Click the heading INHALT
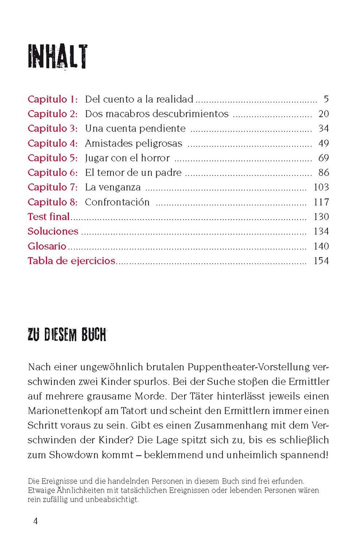(58, 57)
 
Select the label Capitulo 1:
(53, 99)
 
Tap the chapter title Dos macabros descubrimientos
(156, 114)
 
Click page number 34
(323, 129)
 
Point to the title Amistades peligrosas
(134, 143)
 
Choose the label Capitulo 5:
(53, 158)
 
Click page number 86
(323, 173)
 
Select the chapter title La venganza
(113, 188)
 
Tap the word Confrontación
(117, 202)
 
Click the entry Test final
(49, 217)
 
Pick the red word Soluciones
(53, 231)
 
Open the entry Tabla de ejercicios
(72, 261)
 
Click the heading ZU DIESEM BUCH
(67, 336)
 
